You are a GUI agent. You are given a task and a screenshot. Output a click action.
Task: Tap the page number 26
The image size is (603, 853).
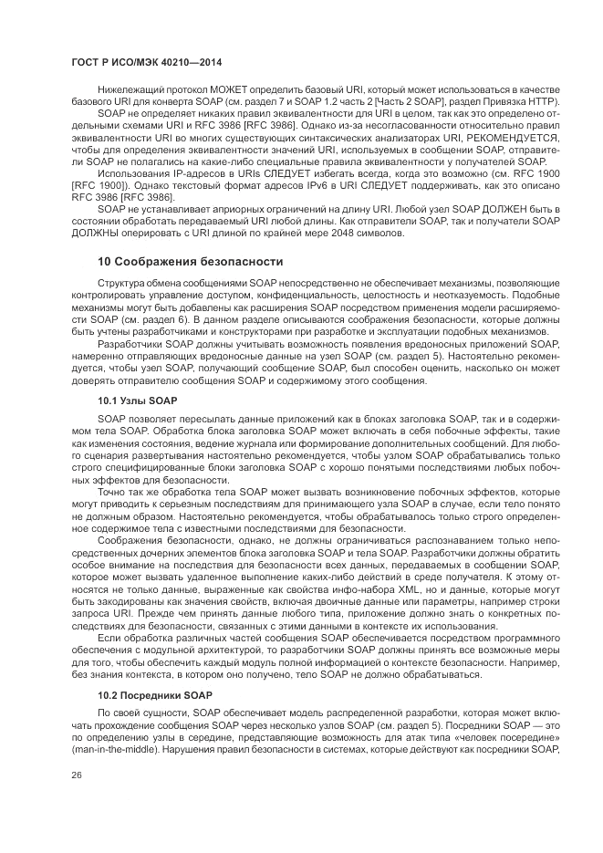76,775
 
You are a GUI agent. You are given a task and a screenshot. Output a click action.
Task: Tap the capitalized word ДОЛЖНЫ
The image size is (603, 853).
97,233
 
